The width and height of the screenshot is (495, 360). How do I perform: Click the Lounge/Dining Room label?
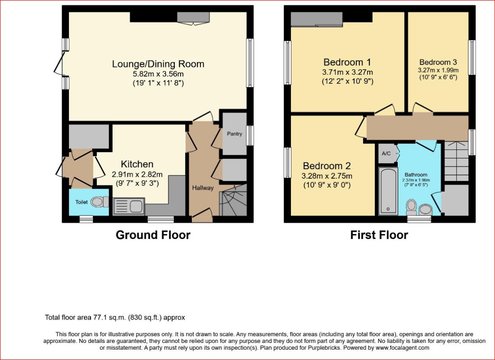point(158,64)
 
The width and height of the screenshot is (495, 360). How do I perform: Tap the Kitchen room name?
point(137,164)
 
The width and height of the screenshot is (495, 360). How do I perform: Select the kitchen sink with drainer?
point(129,207)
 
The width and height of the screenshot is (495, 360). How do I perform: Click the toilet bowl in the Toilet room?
point(100,202)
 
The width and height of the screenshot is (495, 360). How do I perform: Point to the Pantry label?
point(235,134)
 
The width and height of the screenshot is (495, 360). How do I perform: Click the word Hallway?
point(203,188)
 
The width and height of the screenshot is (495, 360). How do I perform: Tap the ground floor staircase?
point(233,200)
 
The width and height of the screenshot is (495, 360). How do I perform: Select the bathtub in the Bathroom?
point(388,191)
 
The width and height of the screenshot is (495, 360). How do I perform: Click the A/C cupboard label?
point(386,153)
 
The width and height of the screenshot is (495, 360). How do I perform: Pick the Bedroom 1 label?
point(347,62)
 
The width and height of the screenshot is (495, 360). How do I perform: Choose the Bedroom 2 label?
point(327,166)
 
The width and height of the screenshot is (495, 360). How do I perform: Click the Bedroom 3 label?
point(438,62)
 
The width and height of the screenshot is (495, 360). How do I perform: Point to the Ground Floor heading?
point(153,235)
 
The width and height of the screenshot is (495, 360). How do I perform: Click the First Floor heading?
point(379,235)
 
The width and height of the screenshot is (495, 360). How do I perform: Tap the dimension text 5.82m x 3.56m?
point(158,74)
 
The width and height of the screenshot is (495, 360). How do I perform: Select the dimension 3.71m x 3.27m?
point(347,72)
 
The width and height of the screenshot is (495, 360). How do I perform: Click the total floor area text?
point(115,317)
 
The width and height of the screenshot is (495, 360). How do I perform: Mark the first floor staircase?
point(456,161)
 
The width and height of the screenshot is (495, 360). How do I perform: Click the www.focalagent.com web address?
point(402,348)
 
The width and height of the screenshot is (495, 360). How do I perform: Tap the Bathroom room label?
point(416,175)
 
